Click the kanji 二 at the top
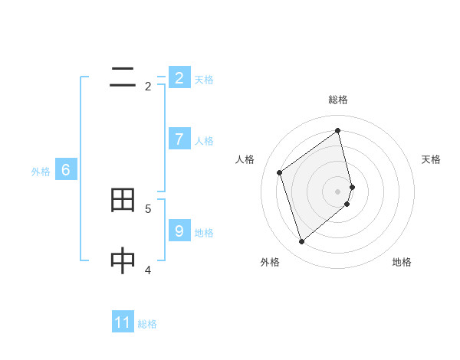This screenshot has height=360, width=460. tap(123, 77)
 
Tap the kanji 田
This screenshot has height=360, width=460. tap(123, 201)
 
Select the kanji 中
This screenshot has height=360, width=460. tap(123, 261)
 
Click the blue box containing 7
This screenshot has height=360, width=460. tap(179, 139)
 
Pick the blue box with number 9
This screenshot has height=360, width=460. tap(179, 231)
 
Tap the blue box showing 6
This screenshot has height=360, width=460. tap(66, 170)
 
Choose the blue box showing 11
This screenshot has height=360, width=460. tap(123, 322)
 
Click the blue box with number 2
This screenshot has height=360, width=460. tap(179, 77)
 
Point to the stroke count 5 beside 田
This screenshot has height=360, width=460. tap(148, 208)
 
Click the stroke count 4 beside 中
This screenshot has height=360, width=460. tap(148, 270)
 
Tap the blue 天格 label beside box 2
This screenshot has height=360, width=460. tap(204, 79)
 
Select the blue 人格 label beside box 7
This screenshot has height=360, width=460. tap(204, 141)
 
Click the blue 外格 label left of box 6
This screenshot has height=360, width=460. tap(41, 172)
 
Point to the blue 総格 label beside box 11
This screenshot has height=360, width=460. tap(147, 324)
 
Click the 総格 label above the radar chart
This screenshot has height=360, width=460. tap(338, 100)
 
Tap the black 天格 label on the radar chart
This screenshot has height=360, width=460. tap(431, 159)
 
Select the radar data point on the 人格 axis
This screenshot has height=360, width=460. tap(280, 172)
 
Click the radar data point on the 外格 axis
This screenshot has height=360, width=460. tap(301, 242)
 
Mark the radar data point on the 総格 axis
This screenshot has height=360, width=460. tap(338, 130)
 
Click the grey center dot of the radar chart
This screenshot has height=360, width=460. tap(338, 191)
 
